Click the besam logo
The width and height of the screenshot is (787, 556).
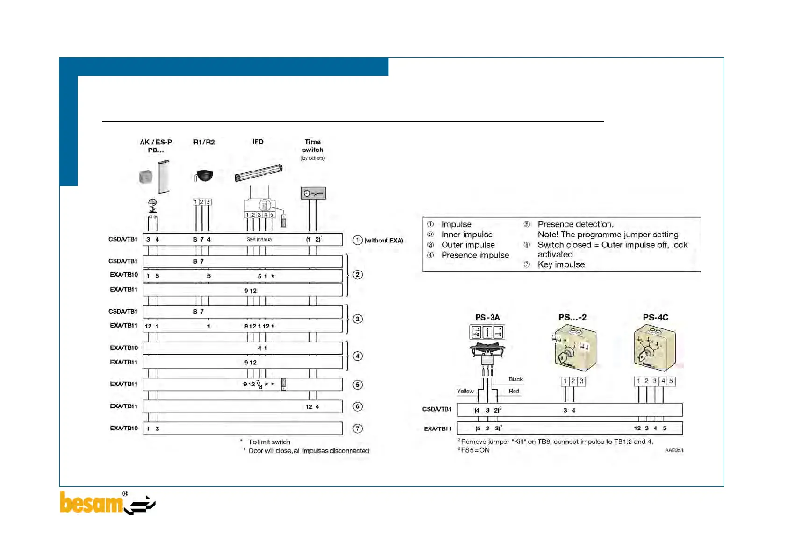(x=107, y=503)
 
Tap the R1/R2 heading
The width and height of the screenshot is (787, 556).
(x=204, y=142)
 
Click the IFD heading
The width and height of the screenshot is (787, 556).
(x=258, y=142)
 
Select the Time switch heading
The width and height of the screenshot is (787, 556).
(x=313, y=145)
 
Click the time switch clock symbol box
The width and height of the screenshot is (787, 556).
(x=313, y=193)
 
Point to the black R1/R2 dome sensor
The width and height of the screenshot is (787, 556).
(x=204, y=176)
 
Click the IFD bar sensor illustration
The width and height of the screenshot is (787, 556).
(x=258, y=173)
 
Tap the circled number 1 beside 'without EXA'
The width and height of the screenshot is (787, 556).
(x=358, y=240)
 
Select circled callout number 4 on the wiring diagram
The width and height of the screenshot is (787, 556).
(x=358, y=356)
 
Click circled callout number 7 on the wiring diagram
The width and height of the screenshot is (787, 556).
(x=358, y=428)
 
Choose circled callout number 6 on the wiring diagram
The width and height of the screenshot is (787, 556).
(x=358, y=406)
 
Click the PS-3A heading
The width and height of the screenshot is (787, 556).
(x=487, y=317)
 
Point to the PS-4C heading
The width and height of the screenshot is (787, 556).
(x=655, y=317)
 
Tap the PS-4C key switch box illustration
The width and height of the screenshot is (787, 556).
(x=655, y=349)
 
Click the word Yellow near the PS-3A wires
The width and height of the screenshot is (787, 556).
(x=465, y=391)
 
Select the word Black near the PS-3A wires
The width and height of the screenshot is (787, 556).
(x=515, y=379)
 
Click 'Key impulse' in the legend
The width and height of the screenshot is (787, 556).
(x=561, y=264)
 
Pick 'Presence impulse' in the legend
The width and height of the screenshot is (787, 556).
(x=475, y=255)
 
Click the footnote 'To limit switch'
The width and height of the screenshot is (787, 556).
(x=269, y=442)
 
